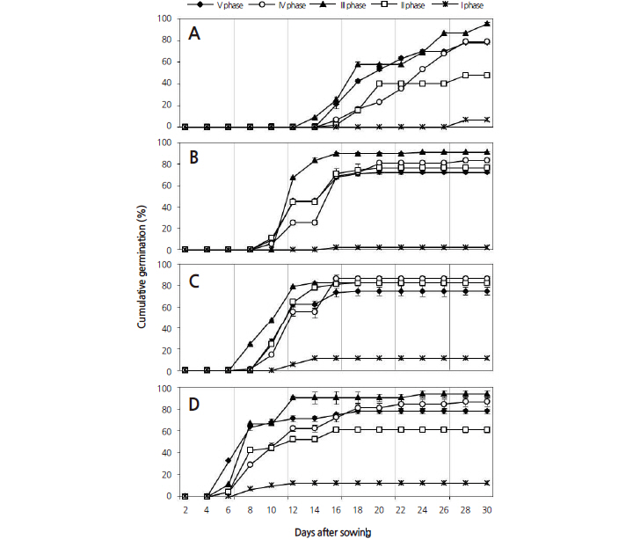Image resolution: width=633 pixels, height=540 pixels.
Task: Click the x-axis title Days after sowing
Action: [x=337, y=531]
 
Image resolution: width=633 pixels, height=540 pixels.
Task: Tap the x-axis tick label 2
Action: [x=185, y=511]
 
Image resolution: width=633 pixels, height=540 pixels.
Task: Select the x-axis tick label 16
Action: [x=336, y=511]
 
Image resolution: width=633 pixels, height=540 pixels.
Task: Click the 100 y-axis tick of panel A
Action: [x=166, y=18]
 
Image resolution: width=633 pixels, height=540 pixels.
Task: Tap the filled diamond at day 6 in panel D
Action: [x=229, y=460]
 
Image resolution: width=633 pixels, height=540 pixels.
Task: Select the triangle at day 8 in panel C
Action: [x=250, y=343]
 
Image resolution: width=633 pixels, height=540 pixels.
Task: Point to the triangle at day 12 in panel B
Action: [x=293, y=178]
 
